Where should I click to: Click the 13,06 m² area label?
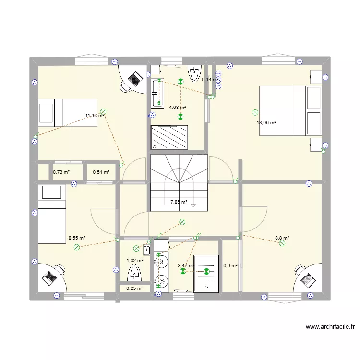[266, 123]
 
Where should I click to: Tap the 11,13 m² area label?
[95, 116]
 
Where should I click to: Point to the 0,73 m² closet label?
[61, 172]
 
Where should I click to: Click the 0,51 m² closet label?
[101, 172]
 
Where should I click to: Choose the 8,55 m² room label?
[77, 238]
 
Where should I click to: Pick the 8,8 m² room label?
[282, 237]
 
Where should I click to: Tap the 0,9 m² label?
[231, 265]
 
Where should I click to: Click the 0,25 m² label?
[134, 288]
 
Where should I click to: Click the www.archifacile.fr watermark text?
[330, 327]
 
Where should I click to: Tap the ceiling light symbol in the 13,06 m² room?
[254, 113]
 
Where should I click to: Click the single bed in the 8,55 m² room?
[51, 214]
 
